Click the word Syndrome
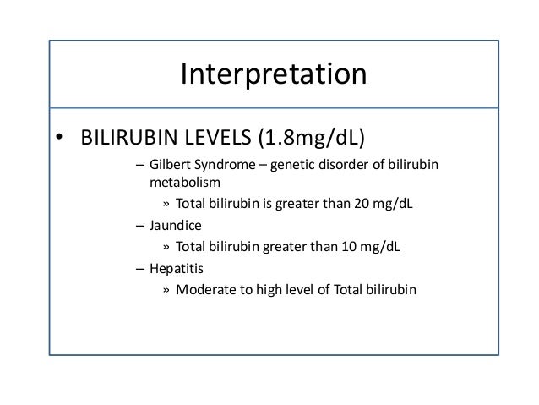tap(231, 164)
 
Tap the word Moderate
tap(203, 290)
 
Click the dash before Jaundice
tap(139, 226)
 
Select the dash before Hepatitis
tap(139, 268)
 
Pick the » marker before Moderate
tap(166, 290)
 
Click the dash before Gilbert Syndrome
tap(139, 164)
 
